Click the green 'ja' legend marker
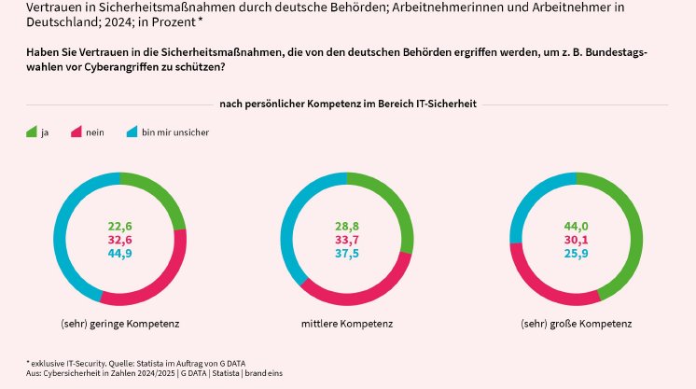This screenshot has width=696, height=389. [x=31, y=132]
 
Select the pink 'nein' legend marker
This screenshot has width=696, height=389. [x=77, y=132]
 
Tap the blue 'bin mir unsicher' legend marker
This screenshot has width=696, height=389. [x=132, y=132]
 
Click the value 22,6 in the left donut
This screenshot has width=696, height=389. [x=120, y=226]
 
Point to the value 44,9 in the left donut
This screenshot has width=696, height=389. [x=120, y=253]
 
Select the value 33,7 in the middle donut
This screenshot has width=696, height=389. [x=347, y=240]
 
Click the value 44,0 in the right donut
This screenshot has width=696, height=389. [x=576, y=226]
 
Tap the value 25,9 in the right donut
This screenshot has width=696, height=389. [x=576, y=253]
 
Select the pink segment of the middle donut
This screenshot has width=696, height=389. [x=364, y=295]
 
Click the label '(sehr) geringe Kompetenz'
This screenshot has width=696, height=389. [x=119, y=324]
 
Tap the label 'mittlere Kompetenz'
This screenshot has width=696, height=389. [x=347, y=324]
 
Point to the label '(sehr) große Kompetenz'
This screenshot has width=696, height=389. [x=576, y=324]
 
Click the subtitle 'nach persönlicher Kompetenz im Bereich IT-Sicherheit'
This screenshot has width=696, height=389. [x=348, y=104]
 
